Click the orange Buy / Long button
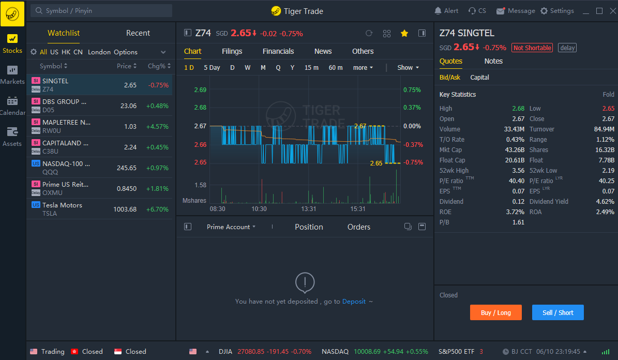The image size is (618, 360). pos(495,312)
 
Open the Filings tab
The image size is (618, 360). pos(232,51)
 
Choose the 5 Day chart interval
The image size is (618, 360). pos(212,68)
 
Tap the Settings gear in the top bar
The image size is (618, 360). pos(557,11)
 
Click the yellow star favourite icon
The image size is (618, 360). pos(404,33)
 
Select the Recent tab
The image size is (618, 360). pos(138,33)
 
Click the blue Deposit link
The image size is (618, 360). pos(354,301)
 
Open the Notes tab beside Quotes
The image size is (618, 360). pos(493,61)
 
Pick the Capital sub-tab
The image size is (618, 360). pos(479,78)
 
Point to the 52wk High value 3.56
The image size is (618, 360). pos(518,171)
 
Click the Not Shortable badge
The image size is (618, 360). pos(532,48)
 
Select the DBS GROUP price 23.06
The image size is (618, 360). pos(128,106)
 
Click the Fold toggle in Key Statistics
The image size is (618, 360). pos(608,95)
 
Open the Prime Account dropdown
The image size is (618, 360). pos(231,227)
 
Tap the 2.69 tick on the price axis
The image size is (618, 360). pos(200,90)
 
